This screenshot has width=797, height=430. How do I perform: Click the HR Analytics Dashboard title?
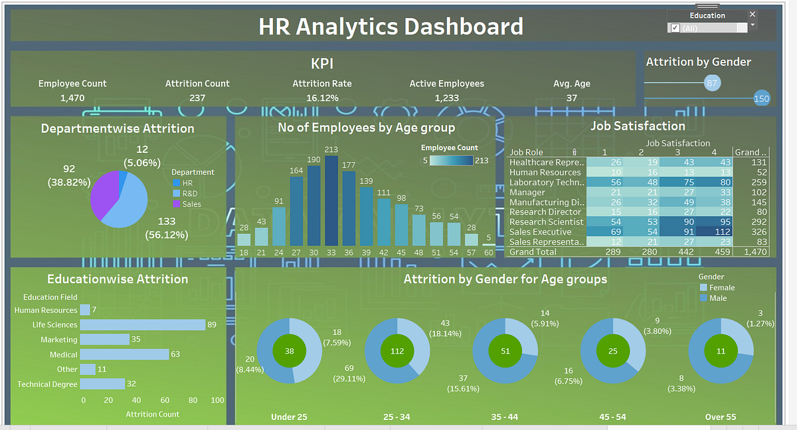(x=391, y=27)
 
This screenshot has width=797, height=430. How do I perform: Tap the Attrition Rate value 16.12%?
(x=322, y=98)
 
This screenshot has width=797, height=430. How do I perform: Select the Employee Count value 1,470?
(x=72, y=98)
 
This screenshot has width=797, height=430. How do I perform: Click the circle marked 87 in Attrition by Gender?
(x=712, y=83)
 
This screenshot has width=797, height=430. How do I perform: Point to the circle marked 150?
(x=761, y=99)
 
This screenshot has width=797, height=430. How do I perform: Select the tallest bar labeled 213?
(x=331, y=201)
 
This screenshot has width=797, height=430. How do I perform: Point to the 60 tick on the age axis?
(x=488, y=253)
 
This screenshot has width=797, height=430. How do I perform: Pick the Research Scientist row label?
(x=546, y=222)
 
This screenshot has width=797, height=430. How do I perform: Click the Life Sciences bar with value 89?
(x=142, y=325)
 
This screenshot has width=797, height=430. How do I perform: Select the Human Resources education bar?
(x=85, y=310)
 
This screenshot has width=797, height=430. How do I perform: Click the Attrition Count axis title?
(x=152, y=414)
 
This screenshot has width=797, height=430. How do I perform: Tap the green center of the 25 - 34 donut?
(x=397, y=351)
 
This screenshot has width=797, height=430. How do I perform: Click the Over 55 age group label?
(x=721, y=417)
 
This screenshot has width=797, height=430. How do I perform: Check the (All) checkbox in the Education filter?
(x=675, y=28)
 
